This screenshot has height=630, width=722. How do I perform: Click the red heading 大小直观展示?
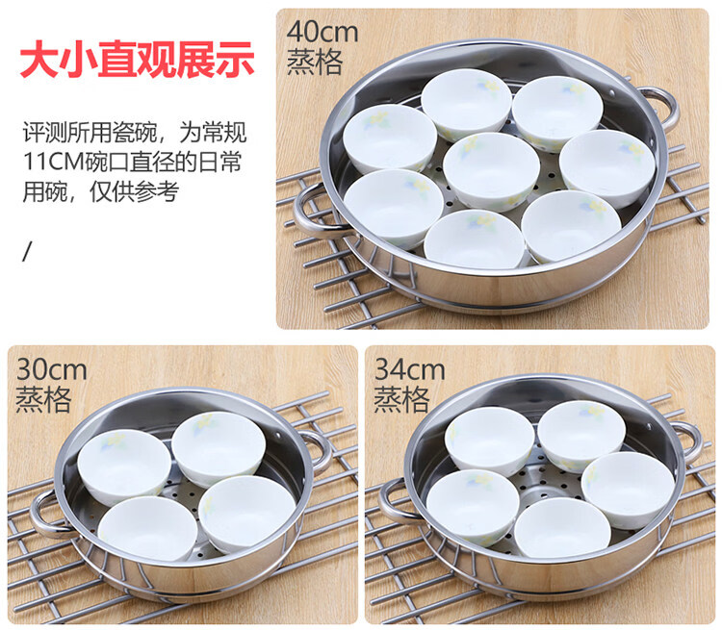(137, 60)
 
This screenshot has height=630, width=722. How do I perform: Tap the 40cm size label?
(322, 32)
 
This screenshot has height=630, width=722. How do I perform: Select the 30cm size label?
(52, 370)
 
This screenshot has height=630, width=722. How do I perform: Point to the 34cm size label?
(409, 369)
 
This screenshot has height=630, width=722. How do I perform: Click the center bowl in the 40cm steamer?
(491, 171)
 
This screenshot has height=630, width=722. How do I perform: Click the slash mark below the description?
(27, 251)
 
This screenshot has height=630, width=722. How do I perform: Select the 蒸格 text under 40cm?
(315, 63)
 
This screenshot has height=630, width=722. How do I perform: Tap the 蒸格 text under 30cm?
(43, 399)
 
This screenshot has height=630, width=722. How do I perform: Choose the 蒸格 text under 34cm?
(401, 399)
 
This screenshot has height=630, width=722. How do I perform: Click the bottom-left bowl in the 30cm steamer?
(147, 529)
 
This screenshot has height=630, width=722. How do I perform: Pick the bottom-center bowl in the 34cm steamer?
(562, 528)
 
